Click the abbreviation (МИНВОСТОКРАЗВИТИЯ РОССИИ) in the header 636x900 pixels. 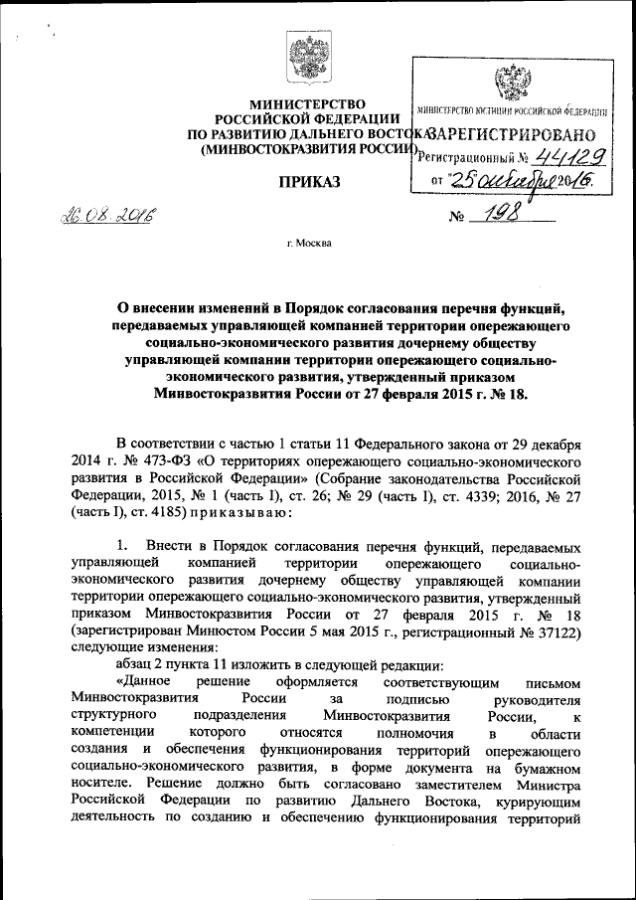coord(303,149)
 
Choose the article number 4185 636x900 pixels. coord(174,513)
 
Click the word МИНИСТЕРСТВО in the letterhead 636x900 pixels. coord(306,104)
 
